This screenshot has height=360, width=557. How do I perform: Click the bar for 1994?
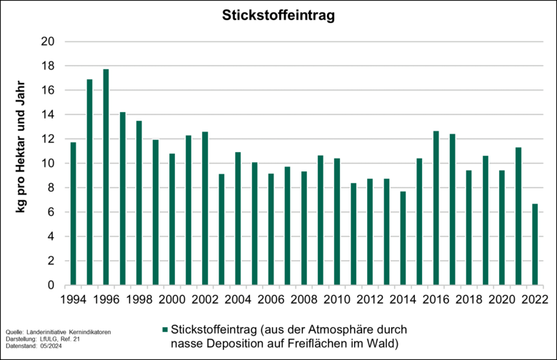[x=73, y=214]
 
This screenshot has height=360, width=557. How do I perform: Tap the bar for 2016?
[x=436, y=208]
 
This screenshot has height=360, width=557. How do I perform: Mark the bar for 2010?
[x=337, y=221]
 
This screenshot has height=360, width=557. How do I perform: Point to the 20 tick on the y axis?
[x=49, y=41]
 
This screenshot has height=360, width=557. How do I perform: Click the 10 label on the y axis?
[x=49, y=164]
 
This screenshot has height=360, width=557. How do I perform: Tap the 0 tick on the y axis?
[x=52, y=285]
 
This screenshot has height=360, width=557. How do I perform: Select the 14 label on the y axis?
[x=49, y=114]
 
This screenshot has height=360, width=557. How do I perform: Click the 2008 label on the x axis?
[x=304, y=299]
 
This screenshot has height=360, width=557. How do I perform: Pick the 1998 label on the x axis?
[x=139, y=299]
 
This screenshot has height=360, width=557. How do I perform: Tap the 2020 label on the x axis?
[x=502, y=299]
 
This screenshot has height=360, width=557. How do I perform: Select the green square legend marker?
[x=164, y=329]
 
